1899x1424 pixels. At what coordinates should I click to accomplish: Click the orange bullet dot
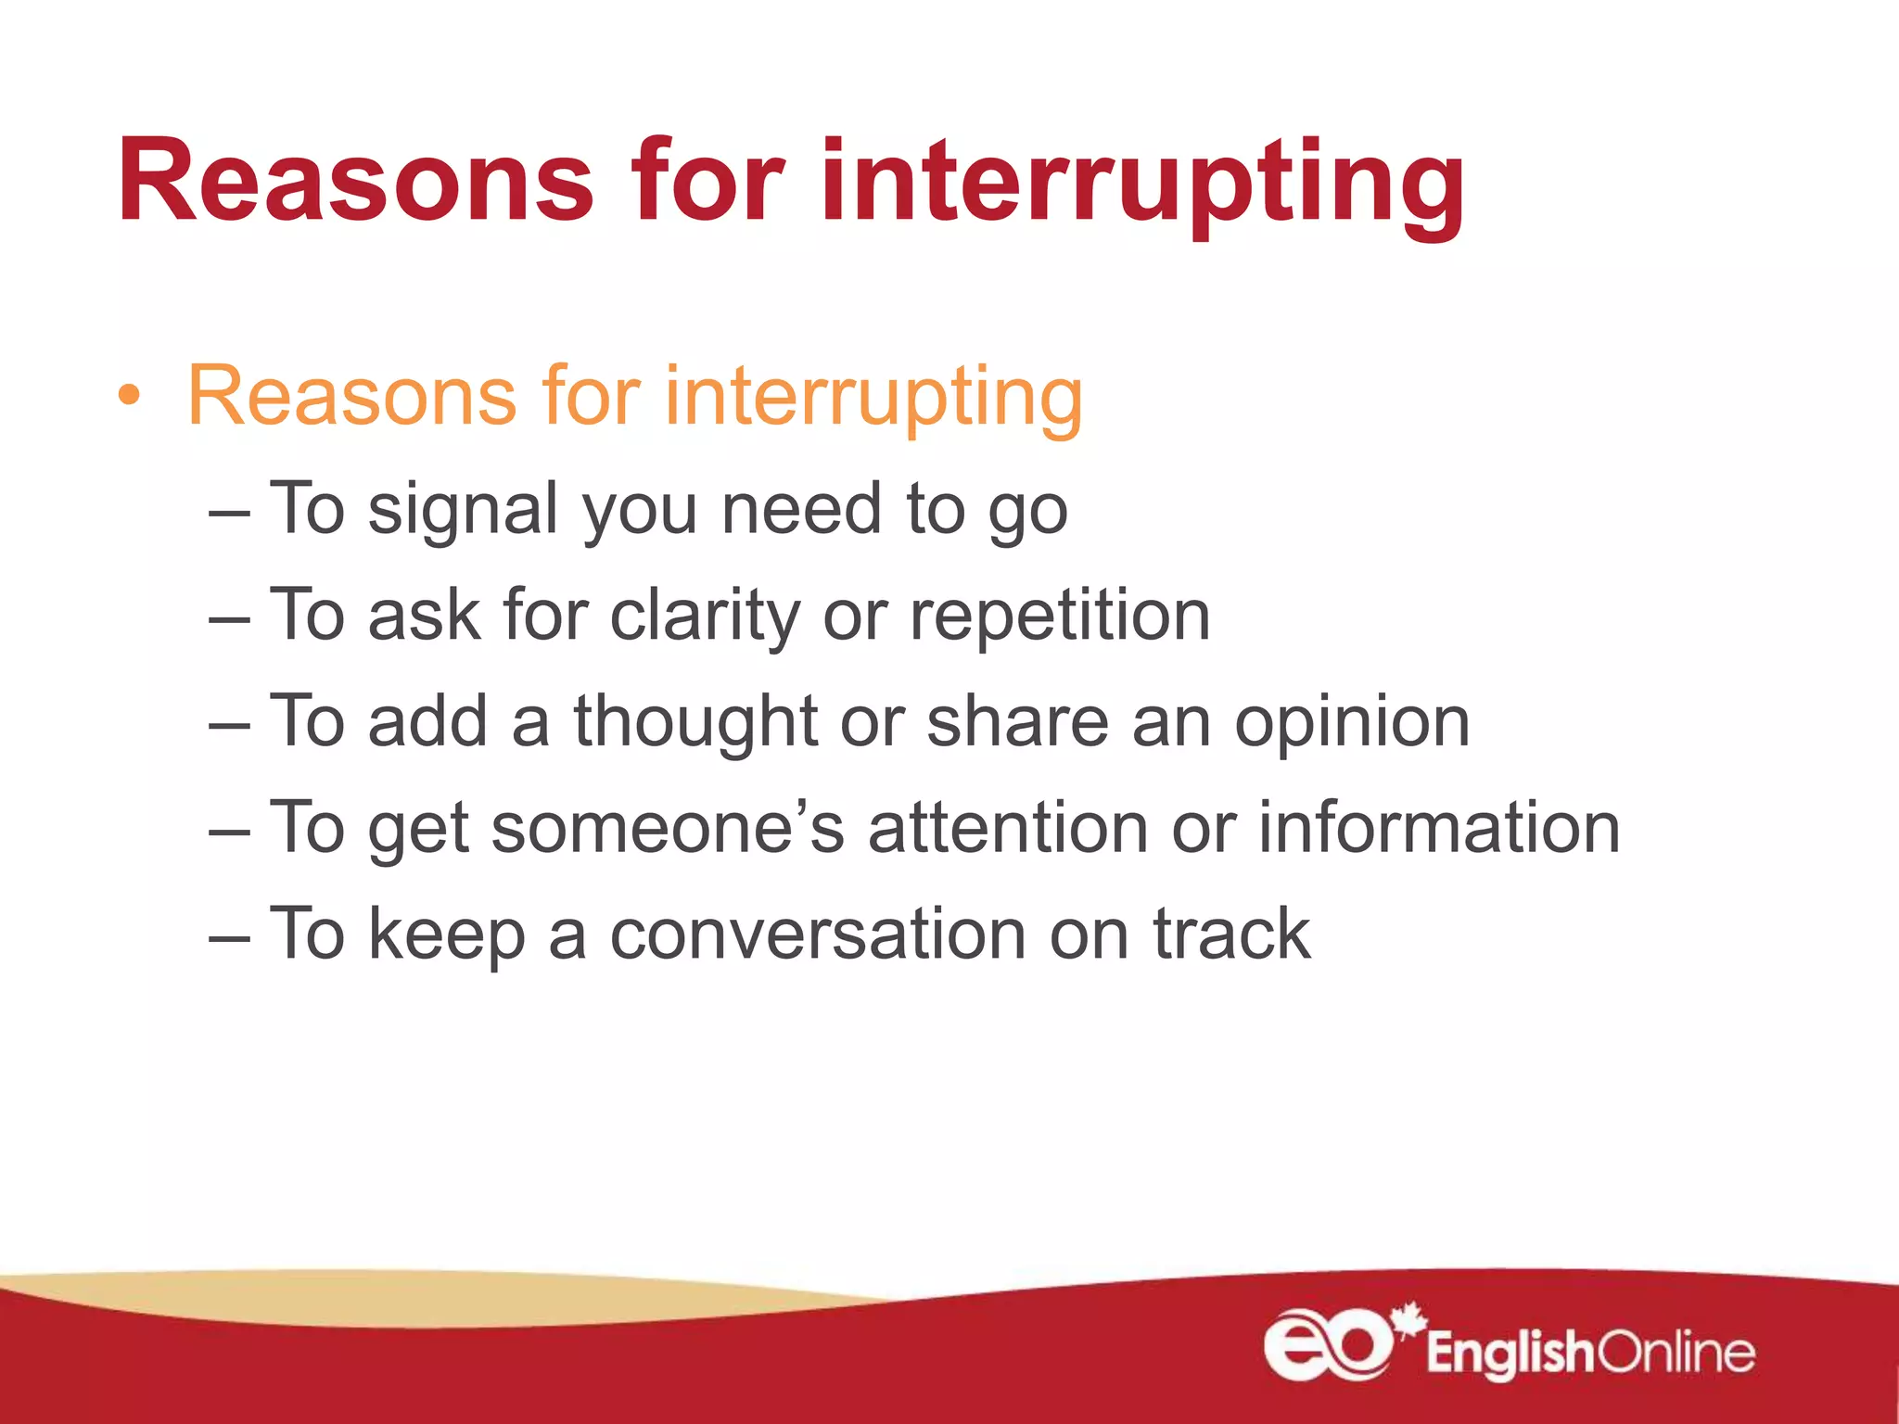[x=130, y=396]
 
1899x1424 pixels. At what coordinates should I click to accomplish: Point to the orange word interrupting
[x=873, y=399]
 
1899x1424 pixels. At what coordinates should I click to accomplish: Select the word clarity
[x=705, y=617]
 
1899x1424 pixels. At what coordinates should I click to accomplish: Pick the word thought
[x=695, y=723]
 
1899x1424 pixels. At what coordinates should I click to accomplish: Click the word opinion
[x=1352, y=723]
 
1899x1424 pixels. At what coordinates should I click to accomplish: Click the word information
[x=1438, y=828]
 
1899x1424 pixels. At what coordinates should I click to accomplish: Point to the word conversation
[x=817, y=934]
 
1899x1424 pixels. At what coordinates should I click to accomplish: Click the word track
[x=1231, y=934]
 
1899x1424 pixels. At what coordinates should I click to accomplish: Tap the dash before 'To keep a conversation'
[x=229, y=936]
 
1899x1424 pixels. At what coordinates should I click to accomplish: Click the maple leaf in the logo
[x=1408, y=1320]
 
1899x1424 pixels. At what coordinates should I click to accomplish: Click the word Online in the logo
[x=1676, y=1353]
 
